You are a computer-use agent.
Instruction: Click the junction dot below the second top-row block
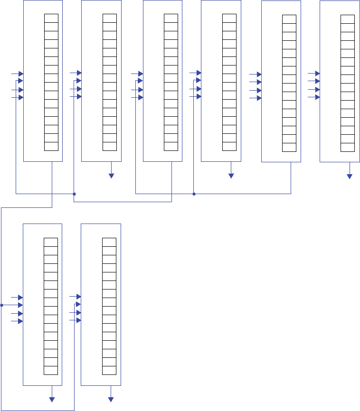74,194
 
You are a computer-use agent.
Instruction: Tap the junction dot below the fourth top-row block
194,194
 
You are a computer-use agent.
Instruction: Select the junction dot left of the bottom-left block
2,305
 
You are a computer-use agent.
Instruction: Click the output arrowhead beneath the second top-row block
112,176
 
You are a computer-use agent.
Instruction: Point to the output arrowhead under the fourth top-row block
231,176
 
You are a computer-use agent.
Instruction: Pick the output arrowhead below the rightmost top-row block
350,176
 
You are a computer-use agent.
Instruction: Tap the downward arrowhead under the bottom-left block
52,399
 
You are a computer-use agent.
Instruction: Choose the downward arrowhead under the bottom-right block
111,399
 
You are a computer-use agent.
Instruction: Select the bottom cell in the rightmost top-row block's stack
348,147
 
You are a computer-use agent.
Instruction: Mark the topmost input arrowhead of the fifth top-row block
258,75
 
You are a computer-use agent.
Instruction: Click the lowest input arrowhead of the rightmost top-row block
317,97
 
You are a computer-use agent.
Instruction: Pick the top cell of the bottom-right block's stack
109,242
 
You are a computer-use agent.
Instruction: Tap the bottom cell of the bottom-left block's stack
51,370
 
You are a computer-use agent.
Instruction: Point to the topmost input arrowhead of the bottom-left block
20,297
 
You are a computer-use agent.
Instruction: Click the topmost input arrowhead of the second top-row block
79,73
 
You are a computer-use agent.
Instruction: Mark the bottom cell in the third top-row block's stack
171,146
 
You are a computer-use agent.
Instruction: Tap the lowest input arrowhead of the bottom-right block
78,320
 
